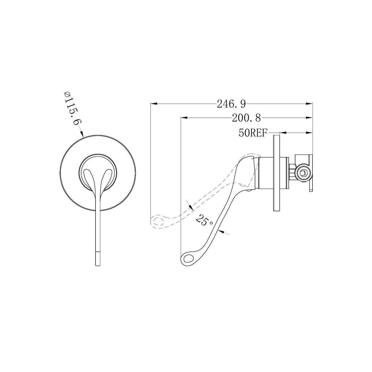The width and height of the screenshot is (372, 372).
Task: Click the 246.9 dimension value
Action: point(231,104)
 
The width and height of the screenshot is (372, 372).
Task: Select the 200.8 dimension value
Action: point(246,118)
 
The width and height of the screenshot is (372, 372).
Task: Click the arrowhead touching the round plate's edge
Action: point(82,133)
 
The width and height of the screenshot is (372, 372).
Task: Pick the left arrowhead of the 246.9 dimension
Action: point(154,104)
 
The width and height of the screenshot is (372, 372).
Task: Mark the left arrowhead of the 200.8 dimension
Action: point(184,117)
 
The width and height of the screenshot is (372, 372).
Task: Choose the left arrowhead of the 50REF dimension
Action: point(283,133)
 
